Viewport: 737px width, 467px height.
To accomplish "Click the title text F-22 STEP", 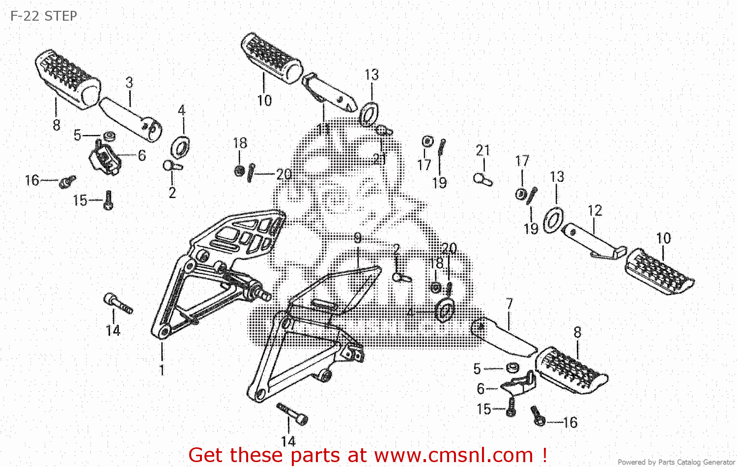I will [43, 16].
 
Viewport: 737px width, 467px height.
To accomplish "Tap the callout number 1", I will [162, 370].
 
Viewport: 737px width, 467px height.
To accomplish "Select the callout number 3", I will [129, 83].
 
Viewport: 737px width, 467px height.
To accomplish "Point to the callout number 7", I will [509, 304].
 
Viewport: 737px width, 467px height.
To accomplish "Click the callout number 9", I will [357, 238].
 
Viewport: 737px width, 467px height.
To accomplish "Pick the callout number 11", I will [323, 129].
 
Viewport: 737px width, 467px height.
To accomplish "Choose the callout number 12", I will [595, 210].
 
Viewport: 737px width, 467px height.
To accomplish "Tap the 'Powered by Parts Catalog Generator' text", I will [676, 462].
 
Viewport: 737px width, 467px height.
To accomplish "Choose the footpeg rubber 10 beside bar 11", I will [271, 57].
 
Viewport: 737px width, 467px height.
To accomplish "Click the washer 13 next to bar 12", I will [554, 220].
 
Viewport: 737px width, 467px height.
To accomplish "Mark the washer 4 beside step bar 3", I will [180, 146].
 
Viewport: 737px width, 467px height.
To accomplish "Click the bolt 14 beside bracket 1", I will [118, 303].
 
